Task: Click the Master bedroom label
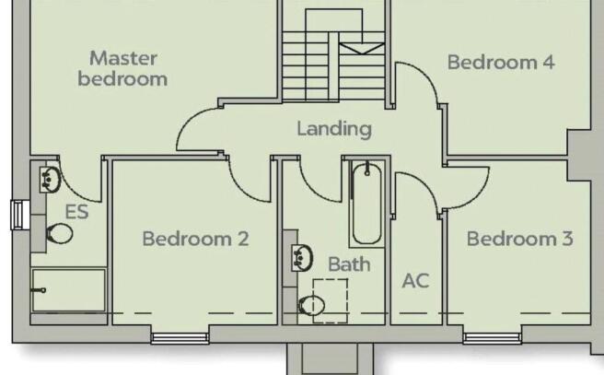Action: coord(122,68)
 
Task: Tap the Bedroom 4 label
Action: coord(501,62)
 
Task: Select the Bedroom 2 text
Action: coord(196,239)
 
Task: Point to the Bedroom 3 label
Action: coord(520,239)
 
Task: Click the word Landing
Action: coord(334,129)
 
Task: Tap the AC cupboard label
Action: coord(415,281)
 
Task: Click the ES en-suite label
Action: coord(77,212)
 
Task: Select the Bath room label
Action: coord(349,264)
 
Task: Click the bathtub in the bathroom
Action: coord(366,203)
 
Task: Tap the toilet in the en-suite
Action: coord(60,233)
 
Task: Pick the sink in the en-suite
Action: coord(50,180)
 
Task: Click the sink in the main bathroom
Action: coord(302,257)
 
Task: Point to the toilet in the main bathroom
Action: coord(311,306)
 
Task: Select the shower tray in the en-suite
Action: coord(68,290)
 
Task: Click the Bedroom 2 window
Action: coord(180,338)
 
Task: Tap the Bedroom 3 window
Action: coord(493,338)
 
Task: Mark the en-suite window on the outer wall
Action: coord(17,215)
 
